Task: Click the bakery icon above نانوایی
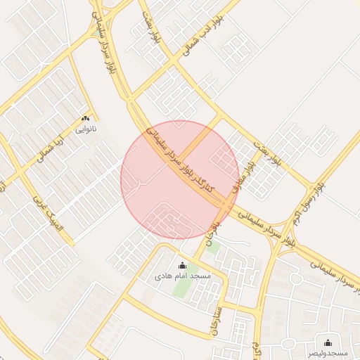pos(86,119)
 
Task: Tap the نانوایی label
pos(86,129)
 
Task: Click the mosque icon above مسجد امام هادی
pos(184,266)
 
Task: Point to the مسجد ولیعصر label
pos(328,352)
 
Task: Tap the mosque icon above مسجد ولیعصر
pos(328,342)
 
